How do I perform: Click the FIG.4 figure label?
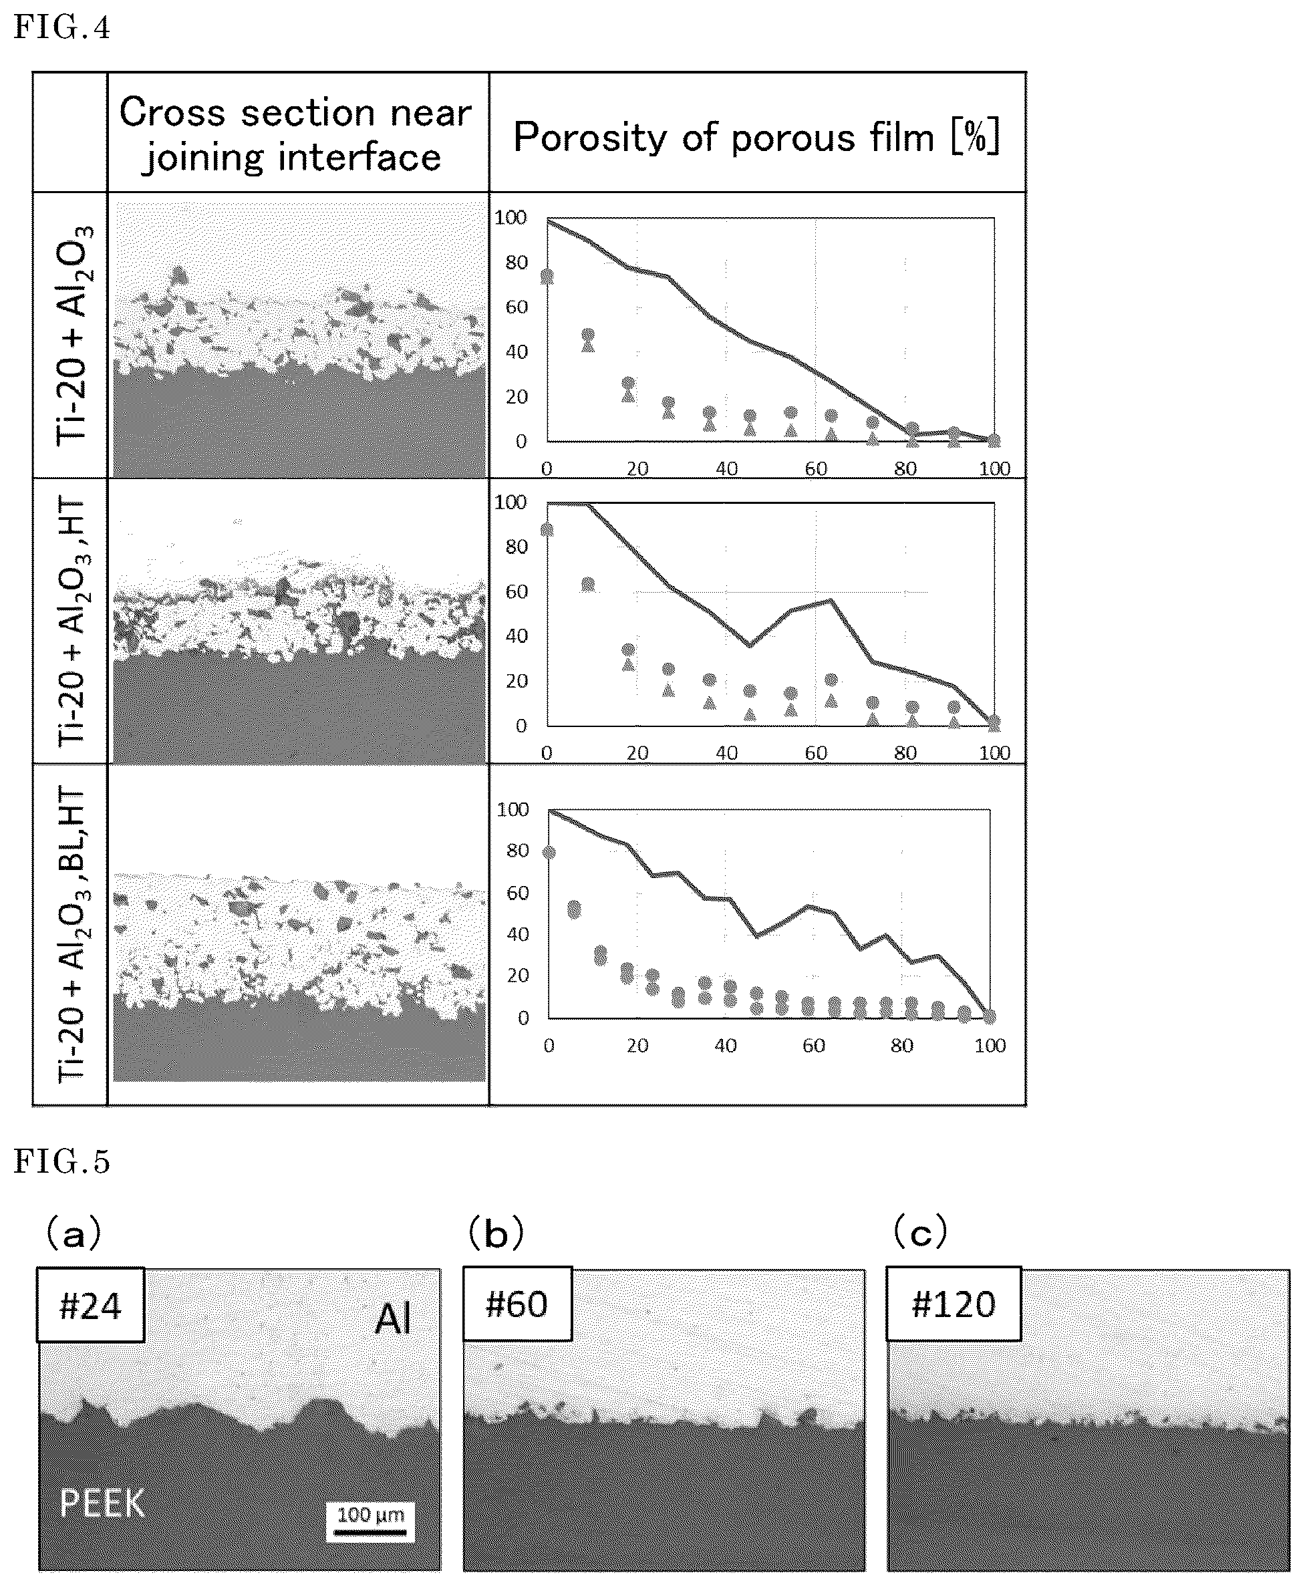pos(62,28)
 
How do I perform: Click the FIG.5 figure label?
pos(62,1162)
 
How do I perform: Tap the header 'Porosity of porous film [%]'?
pos(756,138)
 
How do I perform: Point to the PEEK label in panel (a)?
pos(102,1503)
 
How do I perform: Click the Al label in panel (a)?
pos(393,1318)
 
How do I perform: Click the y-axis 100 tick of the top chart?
pos(511,217)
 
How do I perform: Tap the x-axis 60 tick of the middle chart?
pos(816,752)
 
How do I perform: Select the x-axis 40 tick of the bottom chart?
pos(726,1045)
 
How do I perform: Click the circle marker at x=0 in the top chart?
pos(547,277)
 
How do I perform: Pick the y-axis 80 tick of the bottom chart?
pos(518,850)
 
